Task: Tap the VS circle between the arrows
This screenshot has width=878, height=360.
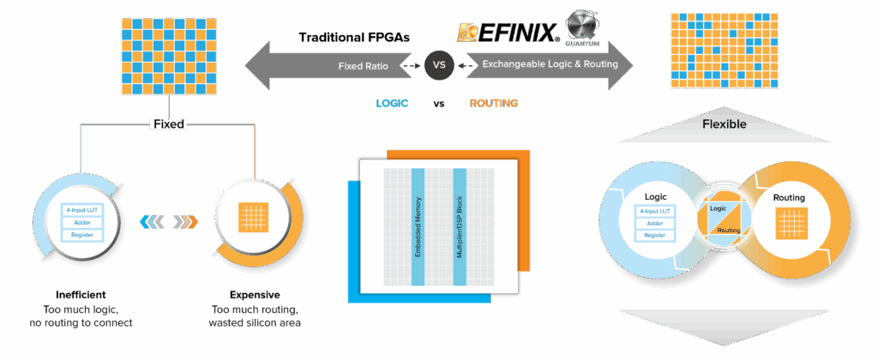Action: (438, 65)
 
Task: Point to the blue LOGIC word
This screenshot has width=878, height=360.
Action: (392, 104)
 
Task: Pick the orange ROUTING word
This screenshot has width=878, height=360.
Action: (493, 104)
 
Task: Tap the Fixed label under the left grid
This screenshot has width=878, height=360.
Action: (168, 124)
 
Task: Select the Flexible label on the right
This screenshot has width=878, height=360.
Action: (724, 124)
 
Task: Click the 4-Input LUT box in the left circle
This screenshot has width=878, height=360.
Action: (82, 208)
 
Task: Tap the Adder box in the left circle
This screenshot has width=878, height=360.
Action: (82, 221)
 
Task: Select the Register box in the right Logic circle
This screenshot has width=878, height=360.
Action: (655, 235)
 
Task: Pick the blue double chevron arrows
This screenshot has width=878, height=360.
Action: (150, 222)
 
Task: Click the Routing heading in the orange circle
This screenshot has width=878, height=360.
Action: (789, 198)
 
